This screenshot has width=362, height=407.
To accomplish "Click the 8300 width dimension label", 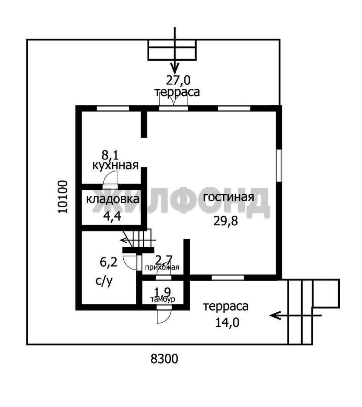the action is tap(164, 359).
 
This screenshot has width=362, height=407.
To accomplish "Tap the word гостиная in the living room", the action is tap(229, 197).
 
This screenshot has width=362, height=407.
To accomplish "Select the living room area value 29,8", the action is tap(225, 221).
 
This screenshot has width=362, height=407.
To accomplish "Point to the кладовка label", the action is tap(112, 199).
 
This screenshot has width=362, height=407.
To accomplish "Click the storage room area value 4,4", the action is tap(112, 216).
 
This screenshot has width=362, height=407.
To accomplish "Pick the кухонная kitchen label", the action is tap(115, 165).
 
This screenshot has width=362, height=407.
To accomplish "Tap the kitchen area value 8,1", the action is tap(110, 155).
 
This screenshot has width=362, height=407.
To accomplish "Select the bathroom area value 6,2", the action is tap(109, 262).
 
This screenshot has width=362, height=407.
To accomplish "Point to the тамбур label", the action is tap(163, 299).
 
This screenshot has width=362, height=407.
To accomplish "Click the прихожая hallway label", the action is tap(162, 267).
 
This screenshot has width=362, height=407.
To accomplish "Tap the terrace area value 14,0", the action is tap(227, 323).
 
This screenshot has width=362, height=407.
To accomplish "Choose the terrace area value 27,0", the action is tap(178, 81).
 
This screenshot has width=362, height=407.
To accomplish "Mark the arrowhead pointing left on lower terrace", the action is tap(275, 315).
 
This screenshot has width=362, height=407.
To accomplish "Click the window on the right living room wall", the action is tap(279, 165).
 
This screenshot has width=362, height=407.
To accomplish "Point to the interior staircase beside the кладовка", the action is tap(138, 239).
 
